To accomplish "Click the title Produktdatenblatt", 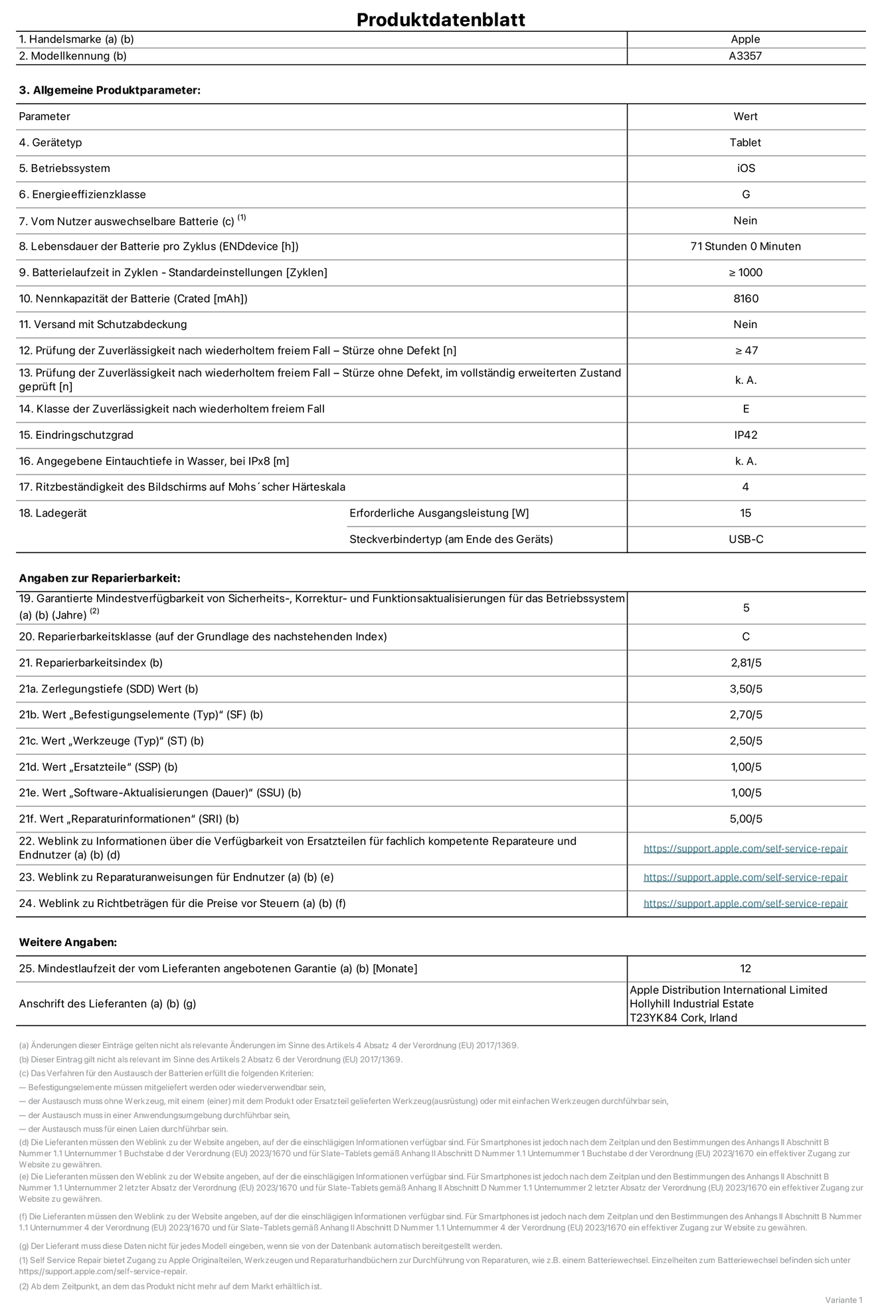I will pos(440,19).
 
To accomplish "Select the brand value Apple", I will pos(745,39).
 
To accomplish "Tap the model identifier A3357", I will pos(745,56).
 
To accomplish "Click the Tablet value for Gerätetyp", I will pos(745,143).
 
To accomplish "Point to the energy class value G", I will pos(745,195).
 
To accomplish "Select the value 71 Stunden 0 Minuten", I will pos(745,246).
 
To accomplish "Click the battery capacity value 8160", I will pos(745,299).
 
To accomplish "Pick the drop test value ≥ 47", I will pos(745,351).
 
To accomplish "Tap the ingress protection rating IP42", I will pos(745,435).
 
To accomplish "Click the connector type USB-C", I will pos(745,539).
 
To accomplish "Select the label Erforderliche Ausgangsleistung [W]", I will pos(439,513).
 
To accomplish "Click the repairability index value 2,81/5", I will pos(745,663).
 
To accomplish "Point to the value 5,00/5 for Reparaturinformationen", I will pos(745,819).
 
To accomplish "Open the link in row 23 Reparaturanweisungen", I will pos(745,877).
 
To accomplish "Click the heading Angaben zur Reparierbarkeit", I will pos(100,578).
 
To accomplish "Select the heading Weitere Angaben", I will pos(68,942).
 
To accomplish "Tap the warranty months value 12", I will pos(745,969).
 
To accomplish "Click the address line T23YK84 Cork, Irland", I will pos(683,1018).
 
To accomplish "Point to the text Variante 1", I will pos(843,1299).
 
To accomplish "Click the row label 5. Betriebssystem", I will pos(64,169).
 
